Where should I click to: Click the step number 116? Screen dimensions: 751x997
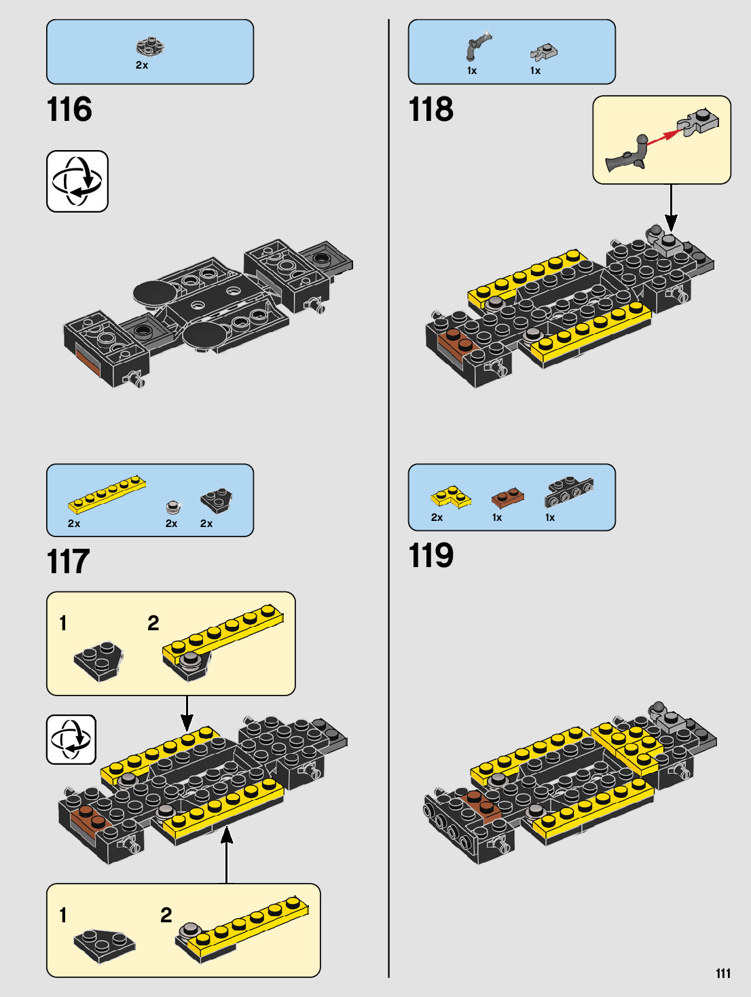click(x=69, y=109)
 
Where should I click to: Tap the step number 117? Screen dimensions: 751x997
click(x=68, y=562)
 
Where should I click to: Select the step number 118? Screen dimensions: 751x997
click(x=431, y=109)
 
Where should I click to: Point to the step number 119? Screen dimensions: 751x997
click(x=431, y=556)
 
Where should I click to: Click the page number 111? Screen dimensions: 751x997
click(x=723, y=973)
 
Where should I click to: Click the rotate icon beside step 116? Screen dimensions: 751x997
click(x=77, y=181)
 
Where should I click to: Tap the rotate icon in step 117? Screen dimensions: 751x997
click(x=71, y=740)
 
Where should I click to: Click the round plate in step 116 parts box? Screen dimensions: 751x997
click(x=150, y=46)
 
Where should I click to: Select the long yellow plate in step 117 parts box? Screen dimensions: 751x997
click(x=107, y=493)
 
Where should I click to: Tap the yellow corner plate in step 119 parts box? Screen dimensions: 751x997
click(x=450, y=496)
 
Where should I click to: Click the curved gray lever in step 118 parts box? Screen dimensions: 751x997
click(x=477, y=46)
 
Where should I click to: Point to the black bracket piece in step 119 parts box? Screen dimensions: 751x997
click(x=569, y=492)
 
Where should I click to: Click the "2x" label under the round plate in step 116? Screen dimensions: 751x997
click(x=142, y=65)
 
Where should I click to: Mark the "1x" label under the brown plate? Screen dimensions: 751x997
click(x=497, y=518)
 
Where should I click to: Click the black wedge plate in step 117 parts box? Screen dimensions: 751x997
click(x=217, y=501)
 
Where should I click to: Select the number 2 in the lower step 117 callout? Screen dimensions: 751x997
click(x=166, y=915)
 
